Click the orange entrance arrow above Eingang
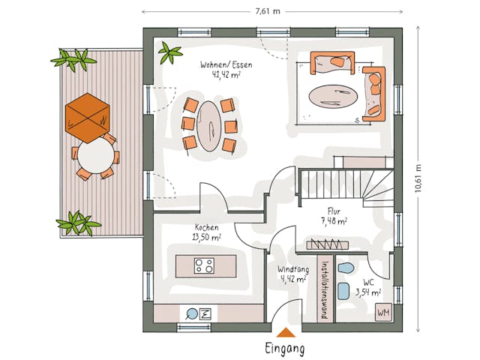click(285, 333)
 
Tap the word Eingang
click(285, 349)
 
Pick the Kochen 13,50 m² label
click(207, 232)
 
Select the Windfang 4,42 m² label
click(292, 274)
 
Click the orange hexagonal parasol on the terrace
click(88, 118)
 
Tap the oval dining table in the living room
click(209, 125)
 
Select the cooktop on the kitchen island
click(204, 265)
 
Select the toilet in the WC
click(345, 269)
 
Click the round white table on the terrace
click(95, 157)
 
